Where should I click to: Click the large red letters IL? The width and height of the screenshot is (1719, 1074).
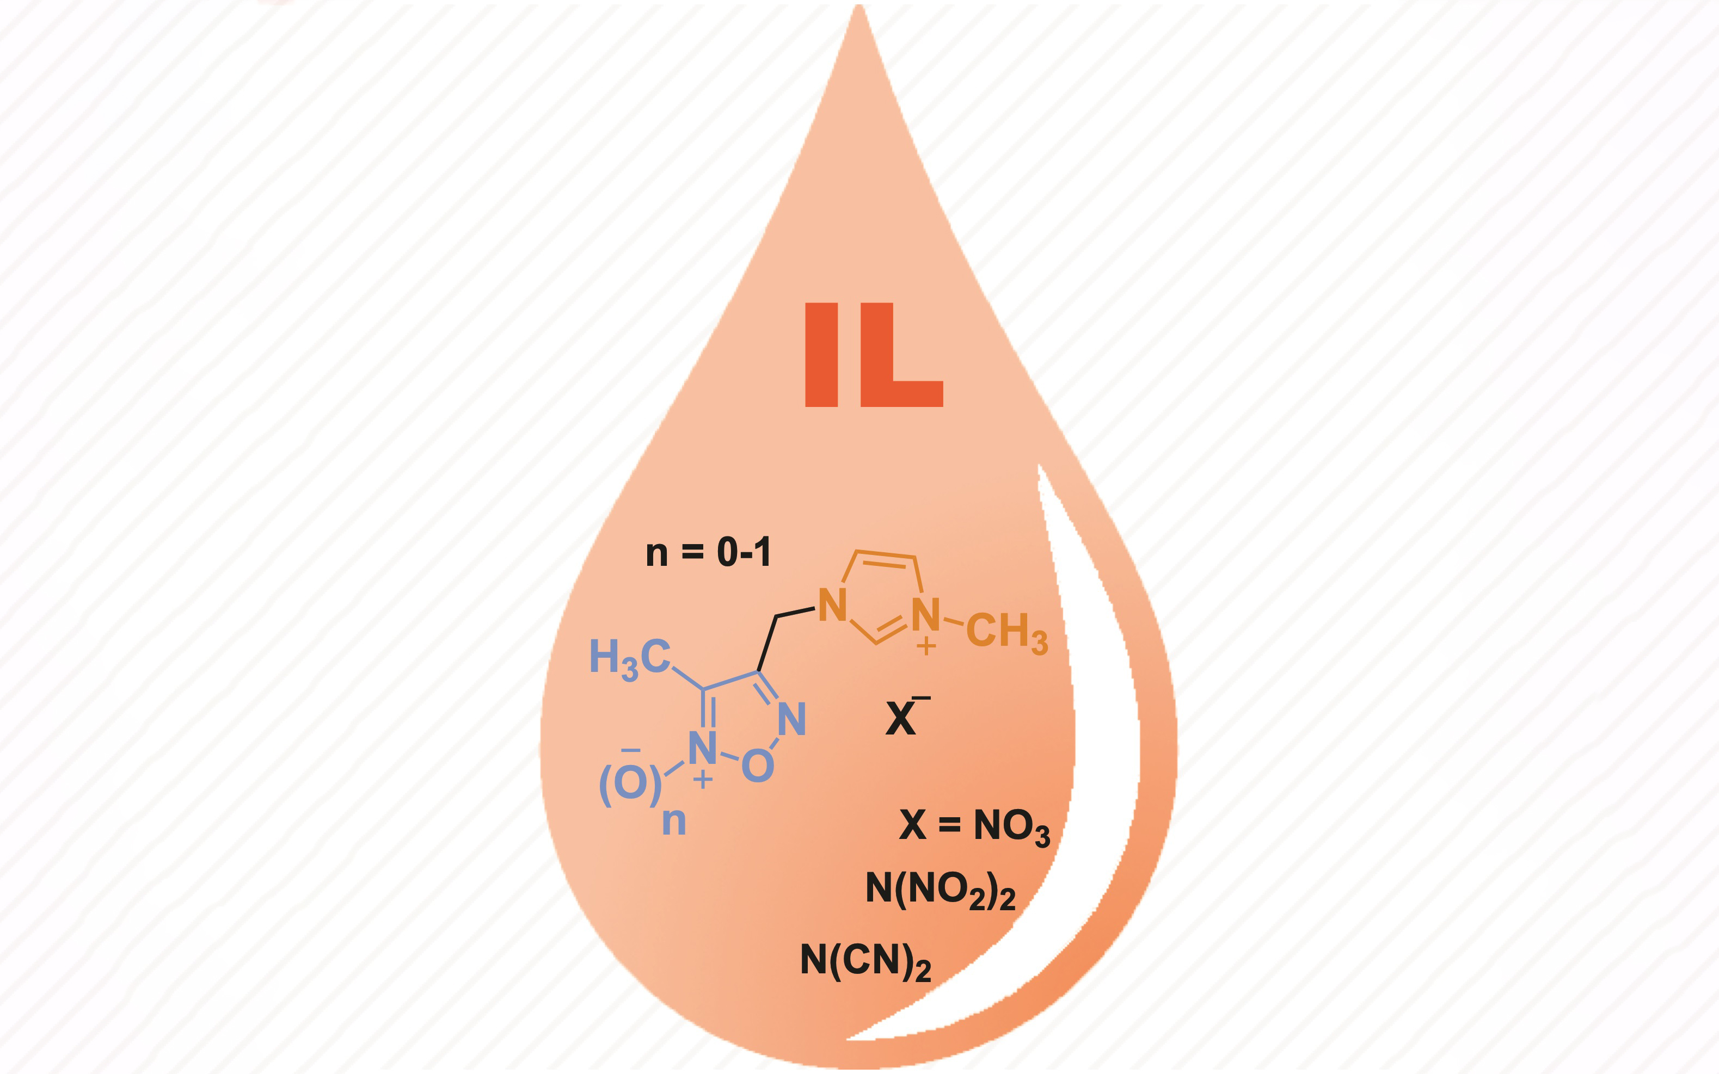[873, 355]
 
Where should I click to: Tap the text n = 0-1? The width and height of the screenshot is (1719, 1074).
[708, 552]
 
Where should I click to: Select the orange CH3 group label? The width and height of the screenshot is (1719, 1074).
[1007, 632]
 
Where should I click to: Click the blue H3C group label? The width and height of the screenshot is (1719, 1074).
[630, 658]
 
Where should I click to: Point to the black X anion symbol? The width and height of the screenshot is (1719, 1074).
[900, 719]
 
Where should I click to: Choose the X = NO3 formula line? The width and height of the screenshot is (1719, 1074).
[974, 828]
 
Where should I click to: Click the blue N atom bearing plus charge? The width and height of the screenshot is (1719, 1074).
[703, 748]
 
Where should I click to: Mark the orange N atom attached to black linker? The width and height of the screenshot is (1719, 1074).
[833, 604]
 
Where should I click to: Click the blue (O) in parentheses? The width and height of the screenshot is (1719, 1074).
[630, 783]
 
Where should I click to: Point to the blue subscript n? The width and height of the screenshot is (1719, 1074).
[674, 822]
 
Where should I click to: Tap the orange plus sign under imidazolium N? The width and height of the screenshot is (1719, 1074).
[925, 646]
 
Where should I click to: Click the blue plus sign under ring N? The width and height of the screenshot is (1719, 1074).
[703, 781]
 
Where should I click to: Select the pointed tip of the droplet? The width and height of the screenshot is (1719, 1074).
[859, 5]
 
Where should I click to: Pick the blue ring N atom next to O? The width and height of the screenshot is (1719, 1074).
[791, 718]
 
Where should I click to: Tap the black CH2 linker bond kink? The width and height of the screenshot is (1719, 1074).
[776, 616]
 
